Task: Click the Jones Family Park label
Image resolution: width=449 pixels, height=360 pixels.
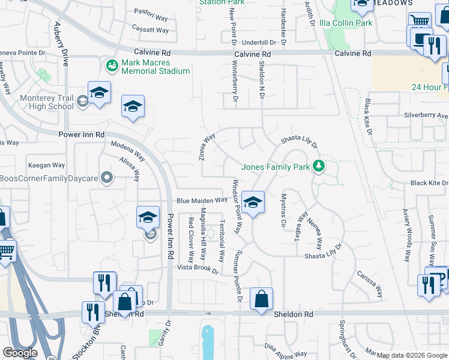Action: click(275, 167)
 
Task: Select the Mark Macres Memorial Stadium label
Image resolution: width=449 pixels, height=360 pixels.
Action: click(155, 67)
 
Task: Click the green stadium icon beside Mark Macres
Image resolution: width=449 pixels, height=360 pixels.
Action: click(111, 64)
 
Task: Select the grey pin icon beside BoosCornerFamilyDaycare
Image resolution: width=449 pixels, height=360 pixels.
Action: click(107, 178)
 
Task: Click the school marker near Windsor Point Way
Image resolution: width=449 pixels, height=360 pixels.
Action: click(253, 203)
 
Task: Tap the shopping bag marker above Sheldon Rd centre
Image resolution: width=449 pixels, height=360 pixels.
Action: click(261, 299)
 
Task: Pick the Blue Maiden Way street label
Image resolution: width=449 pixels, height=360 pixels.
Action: click(202, 200)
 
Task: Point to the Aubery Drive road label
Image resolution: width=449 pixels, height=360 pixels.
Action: click(61, 40)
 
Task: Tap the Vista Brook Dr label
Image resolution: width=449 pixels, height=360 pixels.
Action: click(197, 268)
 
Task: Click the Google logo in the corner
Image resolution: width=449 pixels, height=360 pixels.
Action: click(20, 353)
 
